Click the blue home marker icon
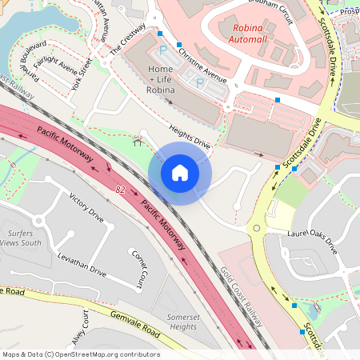click(180, 172)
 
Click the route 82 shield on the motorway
click(120, 190)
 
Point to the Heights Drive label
click(190, 137)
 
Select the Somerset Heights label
click(182, 322)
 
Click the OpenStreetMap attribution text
click(80, 354)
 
